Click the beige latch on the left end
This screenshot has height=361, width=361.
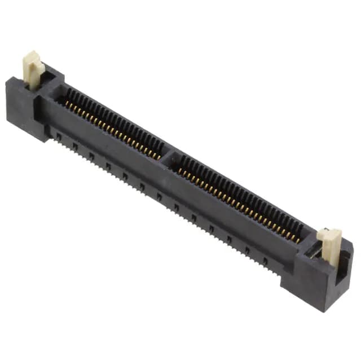coord(33,69)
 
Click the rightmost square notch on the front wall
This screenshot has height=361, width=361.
coord(265,261)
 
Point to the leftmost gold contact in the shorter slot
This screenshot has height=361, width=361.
coord(67,104)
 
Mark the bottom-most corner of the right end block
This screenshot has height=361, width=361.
coord(319,310)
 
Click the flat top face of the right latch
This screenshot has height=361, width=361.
coord(328,233)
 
